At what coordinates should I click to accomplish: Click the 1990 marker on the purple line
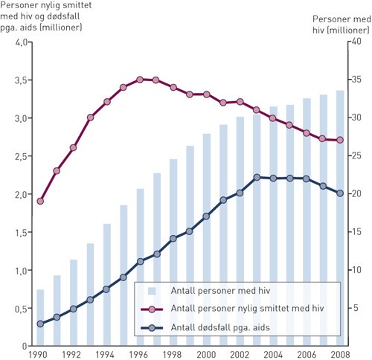coord(40,201)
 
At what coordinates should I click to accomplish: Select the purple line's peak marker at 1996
coord(139,79)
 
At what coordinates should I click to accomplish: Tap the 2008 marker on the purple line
coord(340,140)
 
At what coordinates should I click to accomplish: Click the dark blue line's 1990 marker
coord(40,324)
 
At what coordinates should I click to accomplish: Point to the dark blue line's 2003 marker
coord(257,177)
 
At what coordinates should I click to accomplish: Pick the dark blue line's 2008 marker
coord(340,193)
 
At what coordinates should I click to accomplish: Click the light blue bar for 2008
coord(340,223)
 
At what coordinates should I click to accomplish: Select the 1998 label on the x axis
coord(173,354)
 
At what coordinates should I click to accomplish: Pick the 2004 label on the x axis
coord(273,354)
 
